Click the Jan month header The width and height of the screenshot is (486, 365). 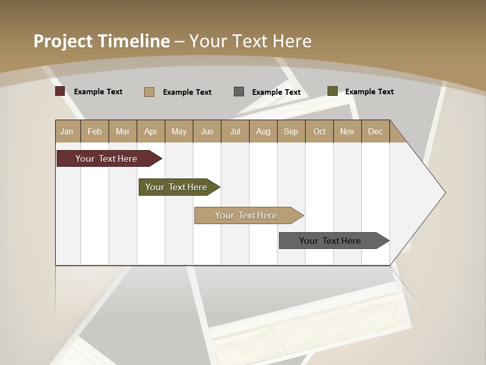[67, 132]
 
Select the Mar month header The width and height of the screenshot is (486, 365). [123, 132]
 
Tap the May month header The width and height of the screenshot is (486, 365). [179, 132]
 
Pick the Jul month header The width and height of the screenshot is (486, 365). [235, 132]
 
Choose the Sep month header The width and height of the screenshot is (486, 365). [291, 132]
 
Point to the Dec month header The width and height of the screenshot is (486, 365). [375, 132]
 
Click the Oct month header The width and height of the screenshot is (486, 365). [319, 132]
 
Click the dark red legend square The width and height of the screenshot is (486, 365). [60, 91]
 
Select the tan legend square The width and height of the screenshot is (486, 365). [149, 92]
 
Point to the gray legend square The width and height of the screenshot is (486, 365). [239, 91]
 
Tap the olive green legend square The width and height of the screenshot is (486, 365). [332, 91]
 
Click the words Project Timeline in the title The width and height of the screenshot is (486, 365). [101, 41]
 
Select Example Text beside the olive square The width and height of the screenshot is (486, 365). [369, 92]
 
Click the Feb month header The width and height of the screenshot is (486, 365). [95, 132]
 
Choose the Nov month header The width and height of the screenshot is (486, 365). [347, 132]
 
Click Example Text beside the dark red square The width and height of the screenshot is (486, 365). [98, 92]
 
